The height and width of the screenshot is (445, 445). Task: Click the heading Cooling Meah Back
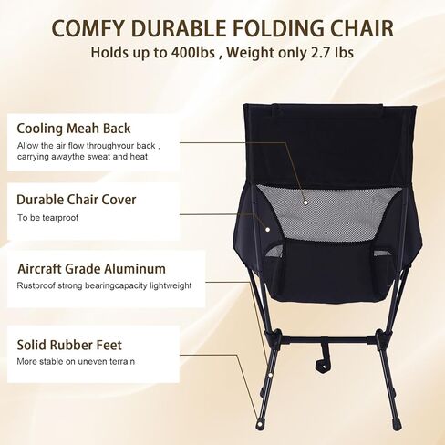74,129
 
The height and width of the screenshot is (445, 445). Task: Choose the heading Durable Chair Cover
77,200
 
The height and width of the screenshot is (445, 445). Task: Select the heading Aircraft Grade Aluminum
91,269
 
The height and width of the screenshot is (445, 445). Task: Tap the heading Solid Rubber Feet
69,345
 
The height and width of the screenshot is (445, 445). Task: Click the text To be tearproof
48,218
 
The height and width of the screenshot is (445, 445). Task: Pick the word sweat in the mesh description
98,157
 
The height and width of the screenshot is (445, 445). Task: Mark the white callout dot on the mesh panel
305,202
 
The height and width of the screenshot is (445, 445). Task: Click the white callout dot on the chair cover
267,230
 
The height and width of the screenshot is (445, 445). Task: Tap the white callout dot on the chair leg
270,375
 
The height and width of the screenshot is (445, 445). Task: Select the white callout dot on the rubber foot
260,423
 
